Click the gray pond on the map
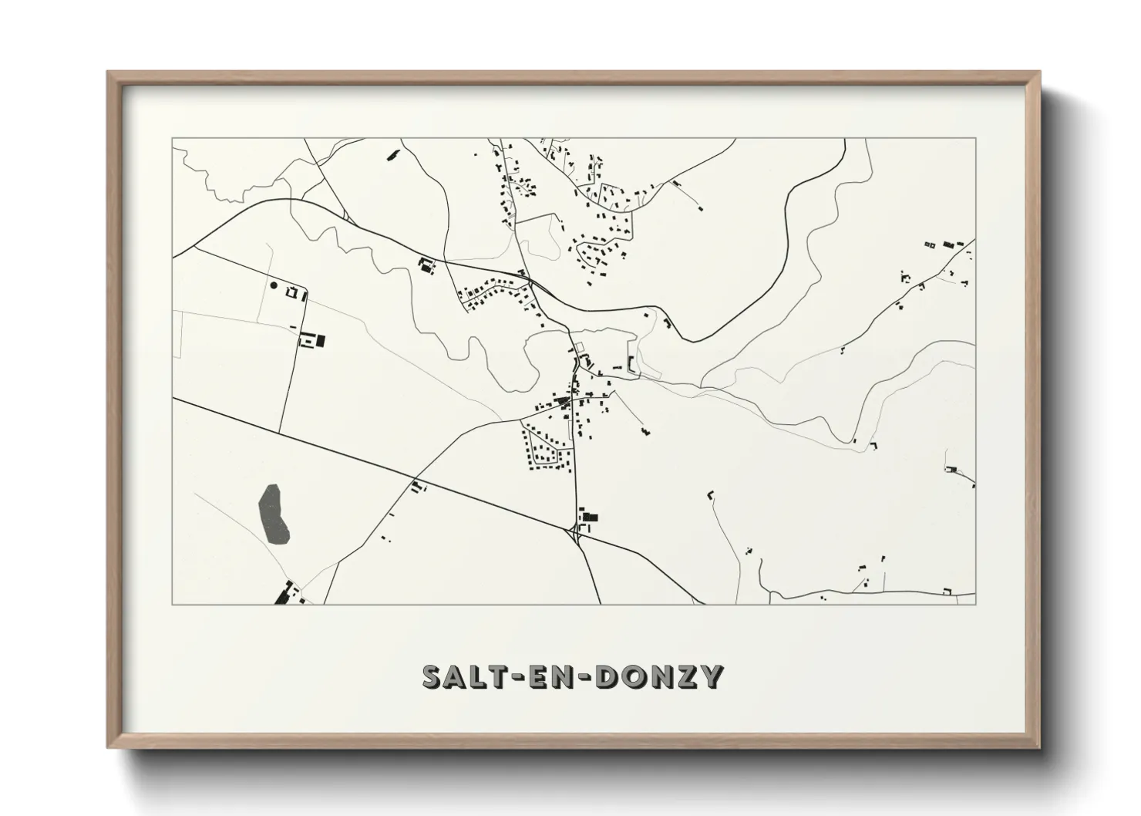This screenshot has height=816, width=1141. pos(273,513)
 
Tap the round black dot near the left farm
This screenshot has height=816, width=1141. pos(274,285)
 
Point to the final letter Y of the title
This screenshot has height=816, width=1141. pos(711,676)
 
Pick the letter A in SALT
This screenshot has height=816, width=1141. pos(459,676)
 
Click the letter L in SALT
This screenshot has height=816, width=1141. pos(482,676)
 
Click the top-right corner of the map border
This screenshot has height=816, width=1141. pos(975,139)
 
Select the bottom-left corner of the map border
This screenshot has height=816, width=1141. pos(173,604)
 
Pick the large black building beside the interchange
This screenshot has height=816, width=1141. pos(591,517)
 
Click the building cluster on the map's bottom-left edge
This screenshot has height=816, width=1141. pos(285,594)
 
